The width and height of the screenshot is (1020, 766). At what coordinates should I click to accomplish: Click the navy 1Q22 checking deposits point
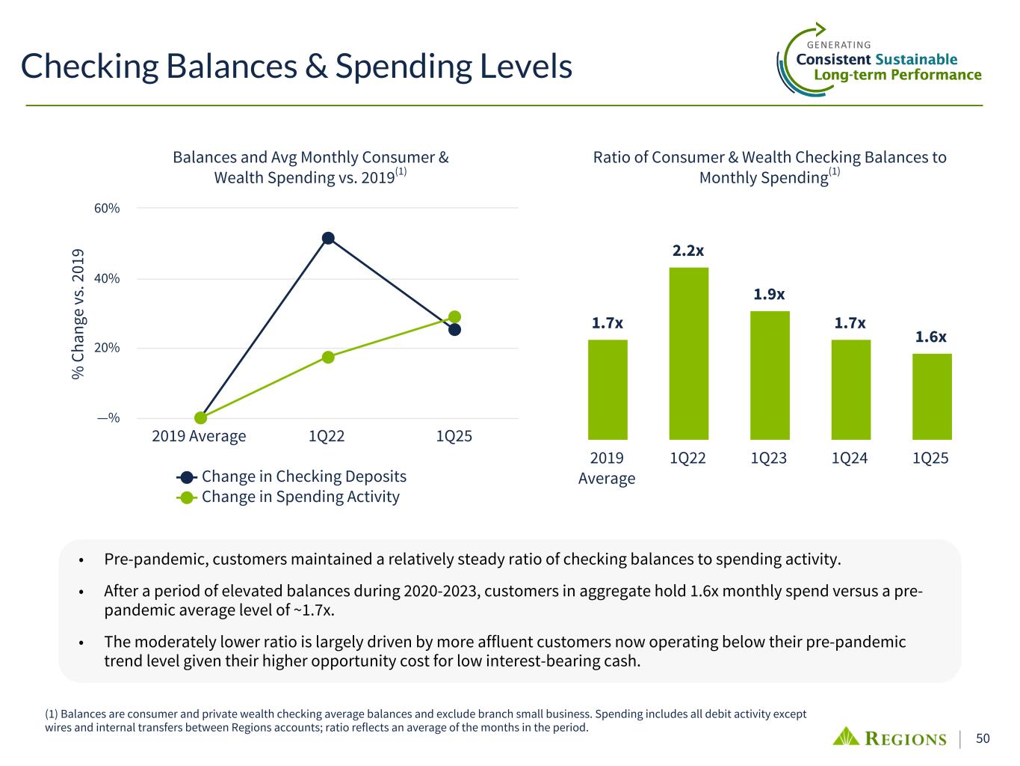328,239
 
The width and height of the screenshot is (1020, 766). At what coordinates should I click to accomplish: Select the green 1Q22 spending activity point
328,357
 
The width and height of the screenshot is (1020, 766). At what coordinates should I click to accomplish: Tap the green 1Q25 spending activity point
454,317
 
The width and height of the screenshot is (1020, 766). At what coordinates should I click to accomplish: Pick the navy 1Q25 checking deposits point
454,329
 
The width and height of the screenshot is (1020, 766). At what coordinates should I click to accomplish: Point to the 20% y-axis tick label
108,348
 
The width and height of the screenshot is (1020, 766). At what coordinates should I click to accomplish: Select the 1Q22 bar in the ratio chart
688,353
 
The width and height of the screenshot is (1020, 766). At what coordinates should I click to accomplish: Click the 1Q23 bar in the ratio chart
770,375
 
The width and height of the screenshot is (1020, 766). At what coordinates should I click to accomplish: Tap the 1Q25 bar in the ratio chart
932,396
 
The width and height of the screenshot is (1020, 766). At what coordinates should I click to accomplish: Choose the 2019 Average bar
608,389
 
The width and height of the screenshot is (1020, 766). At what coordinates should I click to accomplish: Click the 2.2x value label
688,251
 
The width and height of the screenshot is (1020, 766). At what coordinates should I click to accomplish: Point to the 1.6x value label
931,337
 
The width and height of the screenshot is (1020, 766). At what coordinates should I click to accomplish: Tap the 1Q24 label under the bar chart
850,458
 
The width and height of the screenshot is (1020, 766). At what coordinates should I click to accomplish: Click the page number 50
983,739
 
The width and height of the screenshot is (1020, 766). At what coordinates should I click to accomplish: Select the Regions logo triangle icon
847,736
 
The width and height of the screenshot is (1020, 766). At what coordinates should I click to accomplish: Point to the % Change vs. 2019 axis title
78,313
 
